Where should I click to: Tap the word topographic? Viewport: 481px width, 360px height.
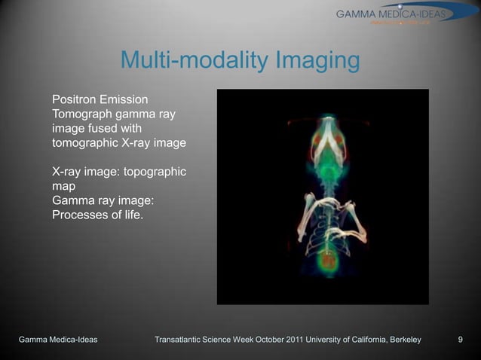[x=155, y=172]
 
